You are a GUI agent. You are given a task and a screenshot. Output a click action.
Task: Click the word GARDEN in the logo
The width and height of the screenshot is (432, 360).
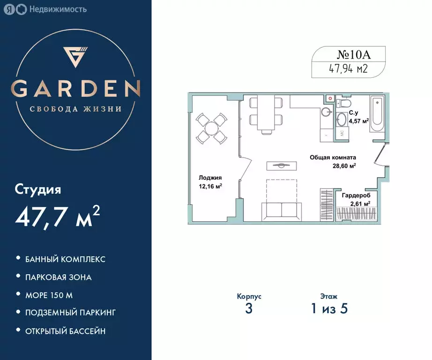click(75, 88)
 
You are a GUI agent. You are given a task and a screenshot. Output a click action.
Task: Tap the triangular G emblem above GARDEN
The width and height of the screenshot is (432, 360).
click(75, 57)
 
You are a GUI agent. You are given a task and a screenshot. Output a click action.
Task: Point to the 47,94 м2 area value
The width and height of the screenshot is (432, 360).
click(349, 69)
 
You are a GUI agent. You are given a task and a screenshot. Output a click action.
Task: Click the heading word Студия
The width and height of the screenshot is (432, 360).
click(38, 190)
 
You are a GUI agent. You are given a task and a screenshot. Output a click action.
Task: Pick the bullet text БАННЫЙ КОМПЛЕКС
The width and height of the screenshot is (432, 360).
click(65, 259)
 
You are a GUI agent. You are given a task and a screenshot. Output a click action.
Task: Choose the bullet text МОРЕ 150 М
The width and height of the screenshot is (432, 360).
click(49, 295)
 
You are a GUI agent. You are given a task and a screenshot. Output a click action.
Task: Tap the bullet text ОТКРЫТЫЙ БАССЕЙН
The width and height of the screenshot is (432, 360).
click(65, 331)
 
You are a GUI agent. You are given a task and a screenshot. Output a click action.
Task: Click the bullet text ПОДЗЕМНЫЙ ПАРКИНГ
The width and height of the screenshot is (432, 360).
click(70, 313)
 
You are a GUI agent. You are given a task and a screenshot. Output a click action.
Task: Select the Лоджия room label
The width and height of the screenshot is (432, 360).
click(209, 178)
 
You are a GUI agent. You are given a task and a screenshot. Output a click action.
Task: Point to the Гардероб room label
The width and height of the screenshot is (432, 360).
click(356, 195)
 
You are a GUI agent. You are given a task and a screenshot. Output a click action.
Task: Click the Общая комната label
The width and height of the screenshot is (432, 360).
click(333, 158)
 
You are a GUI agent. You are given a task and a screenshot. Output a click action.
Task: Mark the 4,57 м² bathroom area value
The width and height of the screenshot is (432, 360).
click(358, 120)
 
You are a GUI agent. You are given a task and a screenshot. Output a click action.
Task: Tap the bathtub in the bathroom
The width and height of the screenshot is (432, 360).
click(377, 114)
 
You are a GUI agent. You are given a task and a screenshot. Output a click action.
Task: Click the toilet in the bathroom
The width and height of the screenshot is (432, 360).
click(344, 103)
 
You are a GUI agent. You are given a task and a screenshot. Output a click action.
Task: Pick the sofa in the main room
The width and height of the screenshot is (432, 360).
click(281, 210)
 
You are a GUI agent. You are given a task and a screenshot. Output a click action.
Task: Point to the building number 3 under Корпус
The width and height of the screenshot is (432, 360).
click(249, 309)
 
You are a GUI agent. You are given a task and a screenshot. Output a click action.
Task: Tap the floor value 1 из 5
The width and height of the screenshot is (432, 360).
click(328, 309)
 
